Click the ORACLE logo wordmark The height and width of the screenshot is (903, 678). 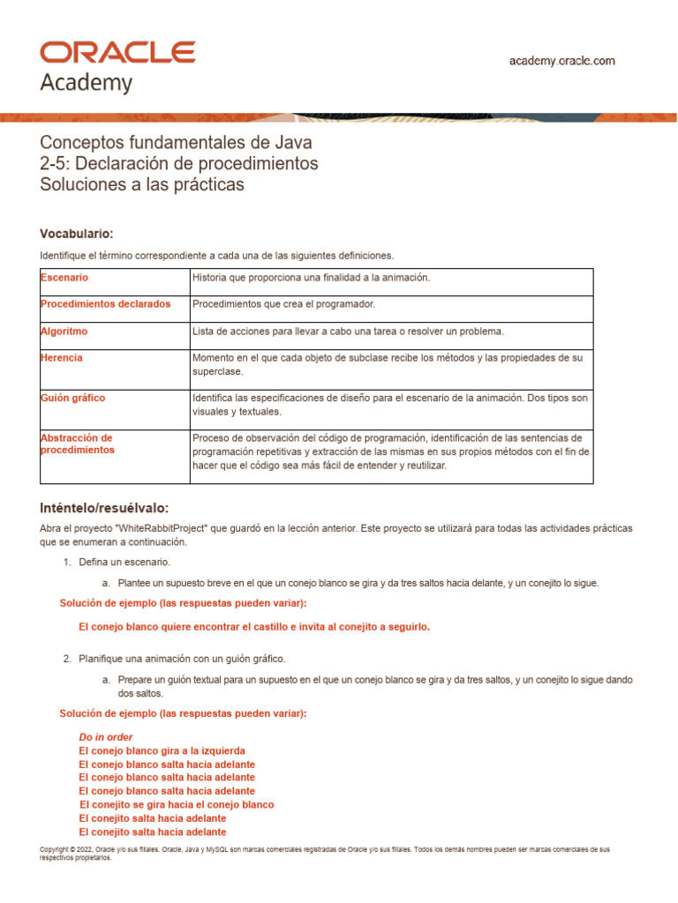point(117,52)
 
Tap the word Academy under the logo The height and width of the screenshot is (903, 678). point(87,83)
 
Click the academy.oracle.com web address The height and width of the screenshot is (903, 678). point(562,61)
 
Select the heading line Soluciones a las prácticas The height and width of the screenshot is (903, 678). point(141,185)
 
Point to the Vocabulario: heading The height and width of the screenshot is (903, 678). point(77,234)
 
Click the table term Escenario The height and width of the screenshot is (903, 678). point(64,278)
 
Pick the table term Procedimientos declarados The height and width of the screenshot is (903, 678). point(106,304)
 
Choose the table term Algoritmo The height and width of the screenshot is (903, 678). point(64,332)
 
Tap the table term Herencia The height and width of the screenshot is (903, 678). point(62,358)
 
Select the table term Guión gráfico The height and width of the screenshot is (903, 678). point(72,398)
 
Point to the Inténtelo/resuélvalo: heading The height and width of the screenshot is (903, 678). point(104,508)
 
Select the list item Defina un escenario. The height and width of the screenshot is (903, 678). point(124,562)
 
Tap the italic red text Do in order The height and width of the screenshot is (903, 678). point(106,736)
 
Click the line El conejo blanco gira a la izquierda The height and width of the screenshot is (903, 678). point(162,750)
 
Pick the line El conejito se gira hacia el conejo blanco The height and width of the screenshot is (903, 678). point(177,805)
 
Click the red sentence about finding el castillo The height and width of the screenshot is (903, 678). point(254,627)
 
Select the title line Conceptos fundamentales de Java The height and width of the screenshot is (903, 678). point(177,143)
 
